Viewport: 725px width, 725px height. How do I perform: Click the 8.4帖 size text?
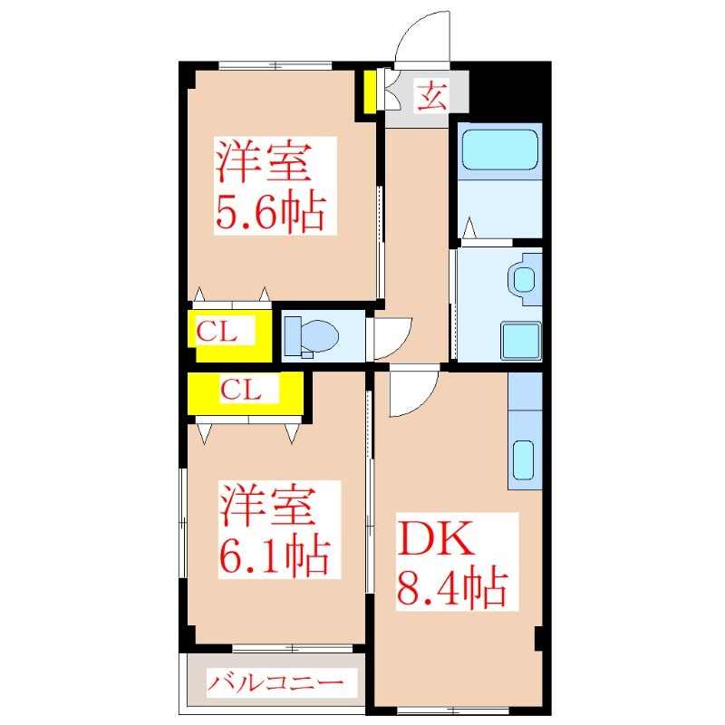tap(451, 590)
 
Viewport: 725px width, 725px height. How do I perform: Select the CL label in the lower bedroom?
tap(242, 391)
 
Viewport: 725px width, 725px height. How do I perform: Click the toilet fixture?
tap(311, 335)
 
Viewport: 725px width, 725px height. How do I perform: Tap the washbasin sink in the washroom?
tap(525, 278)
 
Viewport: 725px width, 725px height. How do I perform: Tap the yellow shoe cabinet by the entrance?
tap(371, 91)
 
